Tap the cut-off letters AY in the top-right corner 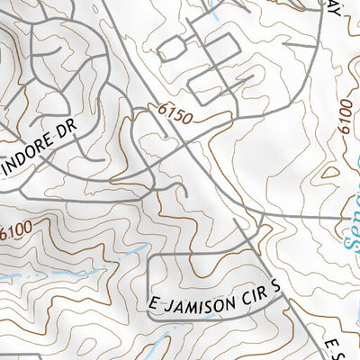coord(337,6)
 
